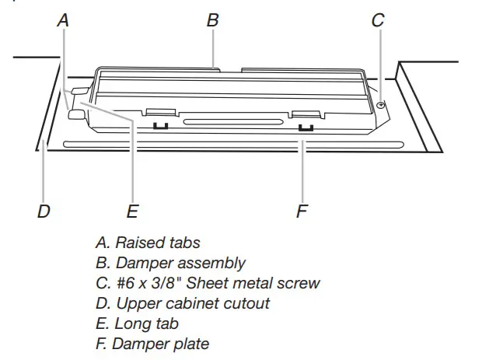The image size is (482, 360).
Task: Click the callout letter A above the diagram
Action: [x=63, y=20]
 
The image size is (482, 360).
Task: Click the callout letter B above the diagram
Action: [x=212, y=20]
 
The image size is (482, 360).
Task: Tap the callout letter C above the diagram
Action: [x=378, y=20]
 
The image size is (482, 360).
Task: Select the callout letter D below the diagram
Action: [x=44, y=211]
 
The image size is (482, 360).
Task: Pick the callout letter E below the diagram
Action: [x=132, y=211]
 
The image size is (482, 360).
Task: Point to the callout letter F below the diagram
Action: [x=302, y=211]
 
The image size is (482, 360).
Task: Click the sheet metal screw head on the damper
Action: [x=380, y=105]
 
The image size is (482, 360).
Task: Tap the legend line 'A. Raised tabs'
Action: [x=147, y=243]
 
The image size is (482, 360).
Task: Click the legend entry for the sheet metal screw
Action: [x=206, y=283]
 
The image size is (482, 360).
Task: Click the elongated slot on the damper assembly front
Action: [x=234, y=122]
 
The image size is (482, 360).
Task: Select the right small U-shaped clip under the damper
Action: [x=306, y=125]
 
